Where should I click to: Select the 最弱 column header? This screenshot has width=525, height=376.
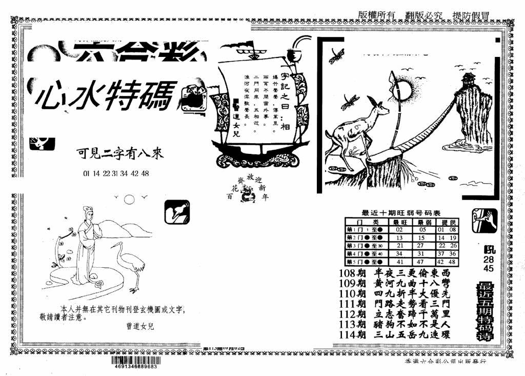424,222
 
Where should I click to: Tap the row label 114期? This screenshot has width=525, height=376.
352,334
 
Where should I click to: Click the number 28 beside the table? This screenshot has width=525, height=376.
489,260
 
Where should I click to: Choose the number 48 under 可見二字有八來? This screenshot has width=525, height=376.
145,173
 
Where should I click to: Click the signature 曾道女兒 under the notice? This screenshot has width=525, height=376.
139,325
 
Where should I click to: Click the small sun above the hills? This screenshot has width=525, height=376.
129,199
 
